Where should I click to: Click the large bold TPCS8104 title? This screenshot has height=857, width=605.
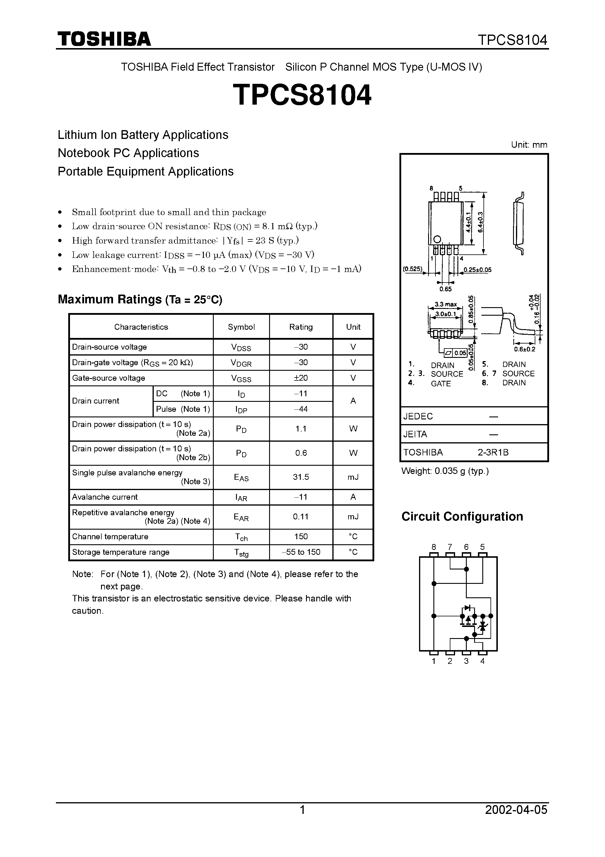(x=302, y=95)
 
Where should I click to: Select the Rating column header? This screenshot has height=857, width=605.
(x=301, y=327)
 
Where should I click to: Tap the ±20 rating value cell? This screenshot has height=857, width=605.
(x=301, y=378)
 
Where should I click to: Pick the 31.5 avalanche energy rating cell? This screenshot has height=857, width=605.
(x=301, y=477)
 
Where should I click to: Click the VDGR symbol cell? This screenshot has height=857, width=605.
(x=241, y=363)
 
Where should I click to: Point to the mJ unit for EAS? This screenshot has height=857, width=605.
(x=353, y=477)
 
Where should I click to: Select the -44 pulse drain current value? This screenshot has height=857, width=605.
(x=301, y=409)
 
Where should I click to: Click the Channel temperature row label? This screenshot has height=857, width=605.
(x=110, y=537)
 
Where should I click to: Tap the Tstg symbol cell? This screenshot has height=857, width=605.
(x=241, y=552)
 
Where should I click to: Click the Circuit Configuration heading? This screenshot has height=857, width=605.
(x=462, y=517)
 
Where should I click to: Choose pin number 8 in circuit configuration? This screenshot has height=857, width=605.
(x=433, y=547)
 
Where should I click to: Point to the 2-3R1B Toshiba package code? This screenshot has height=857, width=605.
(x=493, y=453)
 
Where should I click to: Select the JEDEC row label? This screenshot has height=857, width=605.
(x=418, y=416)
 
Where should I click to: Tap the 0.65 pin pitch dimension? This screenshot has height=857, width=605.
(x=445, y=289)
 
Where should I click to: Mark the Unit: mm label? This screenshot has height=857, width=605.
(x=529, y=145)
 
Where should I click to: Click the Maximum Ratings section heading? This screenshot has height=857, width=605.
(x=140, y=299)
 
